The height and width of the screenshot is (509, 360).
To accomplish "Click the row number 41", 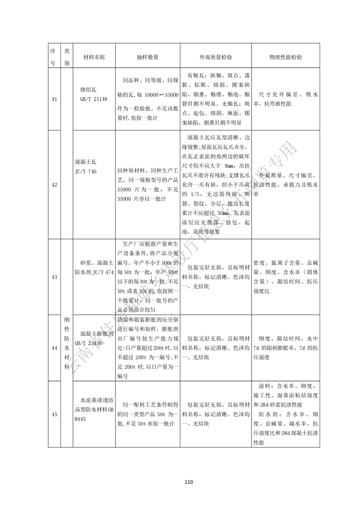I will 54,99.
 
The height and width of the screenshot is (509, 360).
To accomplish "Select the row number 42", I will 54,185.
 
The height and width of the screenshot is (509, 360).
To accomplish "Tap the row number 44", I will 54,347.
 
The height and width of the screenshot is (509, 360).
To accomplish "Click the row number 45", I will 54,414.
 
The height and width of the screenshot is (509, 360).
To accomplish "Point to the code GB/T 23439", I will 91,343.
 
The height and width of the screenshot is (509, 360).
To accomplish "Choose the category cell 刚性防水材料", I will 66,347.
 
